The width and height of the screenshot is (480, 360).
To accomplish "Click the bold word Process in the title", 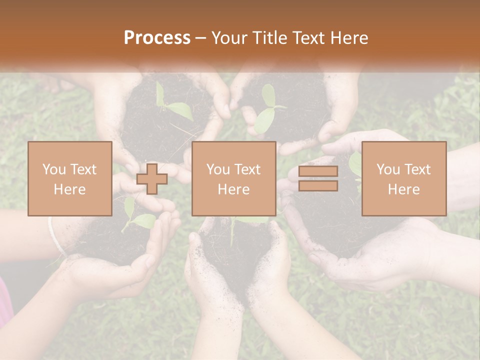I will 157,38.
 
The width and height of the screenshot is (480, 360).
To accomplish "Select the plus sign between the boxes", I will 152,179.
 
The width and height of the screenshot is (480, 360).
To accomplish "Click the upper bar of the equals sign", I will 318,171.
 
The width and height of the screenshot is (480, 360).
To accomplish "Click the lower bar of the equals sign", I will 318,185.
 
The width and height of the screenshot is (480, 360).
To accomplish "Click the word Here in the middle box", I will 233,189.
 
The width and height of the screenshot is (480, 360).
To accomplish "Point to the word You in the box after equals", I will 388,169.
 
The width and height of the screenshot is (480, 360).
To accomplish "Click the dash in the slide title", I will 201,38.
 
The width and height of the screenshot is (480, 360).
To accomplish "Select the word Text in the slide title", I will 309,38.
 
